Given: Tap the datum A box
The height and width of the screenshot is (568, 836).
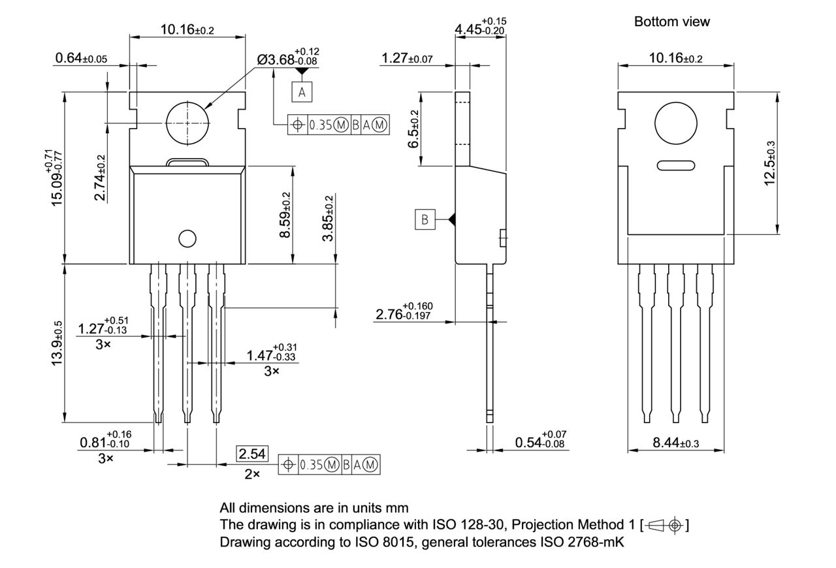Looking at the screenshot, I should (302, 92).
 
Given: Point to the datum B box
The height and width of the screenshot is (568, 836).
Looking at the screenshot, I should (425, 220).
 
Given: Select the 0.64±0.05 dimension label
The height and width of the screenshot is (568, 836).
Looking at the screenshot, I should (81, 58).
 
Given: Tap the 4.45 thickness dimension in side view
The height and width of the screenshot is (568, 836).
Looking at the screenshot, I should (481, 27).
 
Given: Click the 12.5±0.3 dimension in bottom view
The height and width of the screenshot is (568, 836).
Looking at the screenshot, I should (770, 163).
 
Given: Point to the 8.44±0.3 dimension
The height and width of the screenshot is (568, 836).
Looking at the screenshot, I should (676, 443).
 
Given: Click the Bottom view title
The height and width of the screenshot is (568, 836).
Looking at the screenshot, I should (671, 22).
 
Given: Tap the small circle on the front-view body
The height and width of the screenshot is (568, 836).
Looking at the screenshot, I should (187, 239).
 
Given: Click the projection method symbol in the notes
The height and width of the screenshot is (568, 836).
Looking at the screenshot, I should (665, 525).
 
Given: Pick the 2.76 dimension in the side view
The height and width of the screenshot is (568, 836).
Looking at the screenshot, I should (404, 313).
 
